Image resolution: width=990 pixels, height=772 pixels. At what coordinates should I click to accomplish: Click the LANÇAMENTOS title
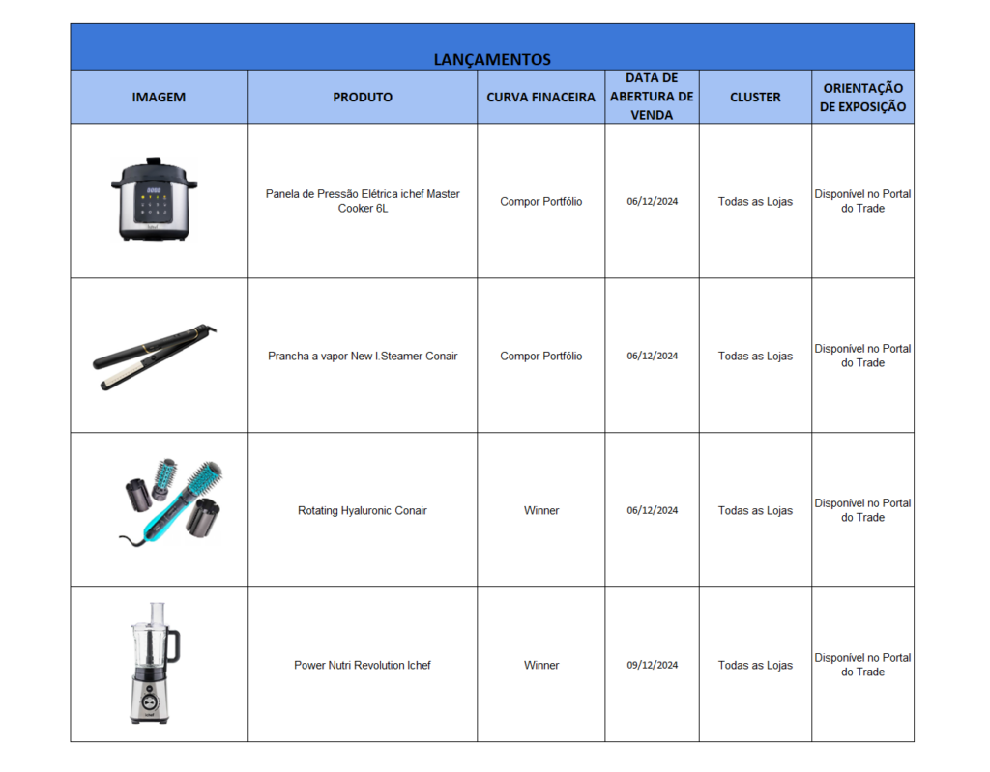(x=492, y=59)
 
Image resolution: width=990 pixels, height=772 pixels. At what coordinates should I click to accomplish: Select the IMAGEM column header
(x=159, y=97)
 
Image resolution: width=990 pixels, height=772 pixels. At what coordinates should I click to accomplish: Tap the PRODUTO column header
(x=363, y=97)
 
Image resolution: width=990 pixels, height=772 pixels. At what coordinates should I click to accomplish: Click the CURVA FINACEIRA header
(x=540, y=97)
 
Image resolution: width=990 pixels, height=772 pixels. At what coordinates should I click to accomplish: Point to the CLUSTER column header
(x=755, y=97)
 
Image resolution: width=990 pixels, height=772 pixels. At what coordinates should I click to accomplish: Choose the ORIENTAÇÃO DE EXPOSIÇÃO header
(x=862, y=97)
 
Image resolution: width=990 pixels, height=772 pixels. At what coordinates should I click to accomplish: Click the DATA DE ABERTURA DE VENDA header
(x=652, y=96)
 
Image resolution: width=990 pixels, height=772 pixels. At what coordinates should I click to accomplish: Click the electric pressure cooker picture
(x=153, y=199)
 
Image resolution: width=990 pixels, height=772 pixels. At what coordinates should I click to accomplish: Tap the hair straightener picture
(x=155, y=357)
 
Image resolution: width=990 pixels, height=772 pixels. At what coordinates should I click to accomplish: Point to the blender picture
(x=153, y=664)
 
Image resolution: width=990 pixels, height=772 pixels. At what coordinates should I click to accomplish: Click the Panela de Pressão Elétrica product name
(x=363, y=201)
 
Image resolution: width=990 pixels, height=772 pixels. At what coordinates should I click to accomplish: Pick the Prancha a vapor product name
(x=363, y=356)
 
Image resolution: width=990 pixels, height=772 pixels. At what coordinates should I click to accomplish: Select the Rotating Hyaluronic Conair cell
(x=363, y=510)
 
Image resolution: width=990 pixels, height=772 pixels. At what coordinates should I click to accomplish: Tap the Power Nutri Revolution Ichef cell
(x=363, y=665)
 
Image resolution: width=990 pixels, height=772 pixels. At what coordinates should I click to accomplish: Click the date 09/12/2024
(x=652, y=665)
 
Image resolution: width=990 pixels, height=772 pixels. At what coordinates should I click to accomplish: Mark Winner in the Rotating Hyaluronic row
(x=541, y=510)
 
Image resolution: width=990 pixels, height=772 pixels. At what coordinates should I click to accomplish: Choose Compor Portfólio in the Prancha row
(x=541, y=356)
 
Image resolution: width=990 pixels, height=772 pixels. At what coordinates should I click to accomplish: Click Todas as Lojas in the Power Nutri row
(x=755, y=665)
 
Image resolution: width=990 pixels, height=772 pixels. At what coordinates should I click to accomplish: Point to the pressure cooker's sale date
(x=652, y=201)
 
